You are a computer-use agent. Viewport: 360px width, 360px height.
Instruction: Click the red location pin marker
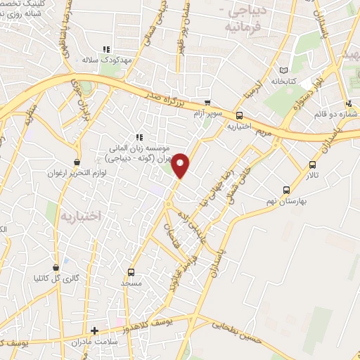pos(181,166)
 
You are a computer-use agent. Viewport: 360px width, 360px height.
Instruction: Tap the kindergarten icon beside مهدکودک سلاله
pos(107,49)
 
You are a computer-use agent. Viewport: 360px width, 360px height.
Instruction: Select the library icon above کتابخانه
pos(283,70)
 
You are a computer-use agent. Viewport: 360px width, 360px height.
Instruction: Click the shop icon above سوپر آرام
pos(207,103)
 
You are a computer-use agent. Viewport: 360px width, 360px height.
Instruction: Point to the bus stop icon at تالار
pos(312,165)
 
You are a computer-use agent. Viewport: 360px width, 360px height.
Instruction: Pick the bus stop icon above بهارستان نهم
pos(286,189)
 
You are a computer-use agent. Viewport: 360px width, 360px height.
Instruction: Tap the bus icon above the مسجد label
pos(131,271)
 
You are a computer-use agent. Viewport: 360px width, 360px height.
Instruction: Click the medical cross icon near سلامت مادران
pos(95,330)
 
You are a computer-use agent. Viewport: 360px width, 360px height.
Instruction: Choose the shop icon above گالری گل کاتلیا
pos(56,267)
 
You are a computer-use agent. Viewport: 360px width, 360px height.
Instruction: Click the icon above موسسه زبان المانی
pos(139,137)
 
